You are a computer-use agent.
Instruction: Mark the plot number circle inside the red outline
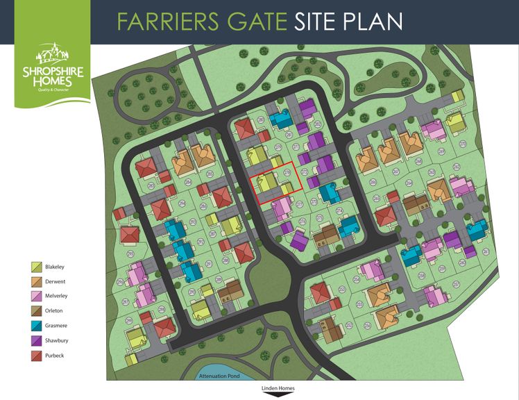pos(288,172)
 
